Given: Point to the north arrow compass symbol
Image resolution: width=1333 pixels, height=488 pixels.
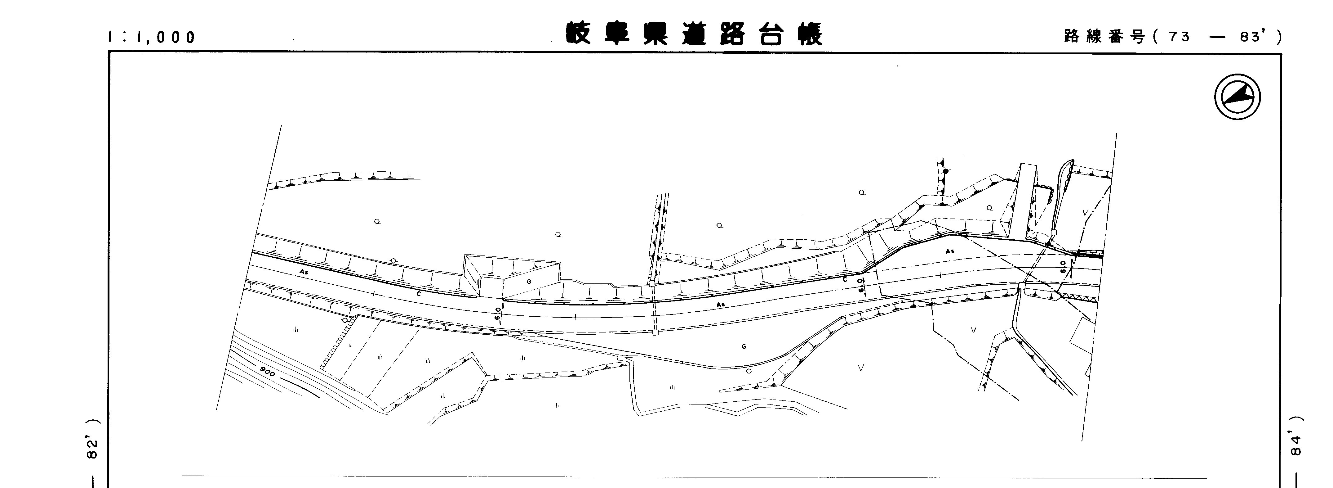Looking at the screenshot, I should pos(1237,97).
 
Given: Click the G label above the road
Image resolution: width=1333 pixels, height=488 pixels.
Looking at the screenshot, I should pos(528,281).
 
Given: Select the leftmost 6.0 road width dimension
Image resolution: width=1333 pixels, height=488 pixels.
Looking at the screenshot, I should pos(498,314).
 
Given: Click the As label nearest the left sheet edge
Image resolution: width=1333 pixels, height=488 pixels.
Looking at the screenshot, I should pos(304,271).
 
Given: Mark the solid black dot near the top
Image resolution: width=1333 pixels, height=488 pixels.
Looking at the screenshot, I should pos(945,171).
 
